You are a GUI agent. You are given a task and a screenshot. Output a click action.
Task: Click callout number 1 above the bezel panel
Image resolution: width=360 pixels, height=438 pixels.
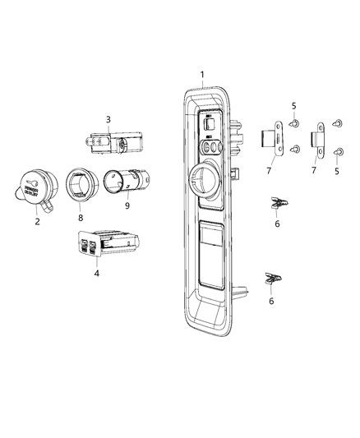pos(202,75)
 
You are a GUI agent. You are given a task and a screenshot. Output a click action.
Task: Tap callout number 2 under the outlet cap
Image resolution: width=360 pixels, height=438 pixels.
pos(38,222)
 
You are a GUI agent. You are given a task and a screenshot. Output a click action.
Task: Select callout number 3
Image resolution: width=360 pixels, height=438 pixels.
pos(108,119)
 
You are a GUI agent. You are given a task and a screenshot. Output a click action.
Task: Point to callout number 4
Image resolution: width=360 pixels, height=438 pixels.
pos(97,273)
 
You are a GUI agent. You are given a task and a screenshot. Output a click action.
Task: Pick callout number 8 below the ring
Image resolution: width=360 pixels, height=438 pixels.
pos(81,218)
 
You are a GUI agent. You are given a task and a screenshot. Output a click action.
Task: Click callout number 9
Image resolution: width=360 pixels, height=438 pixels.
pos(127,206)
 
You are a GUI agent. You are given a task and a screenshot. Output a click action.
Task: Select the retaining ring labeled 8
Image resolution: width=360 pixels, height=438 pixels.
pos(82,184)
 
